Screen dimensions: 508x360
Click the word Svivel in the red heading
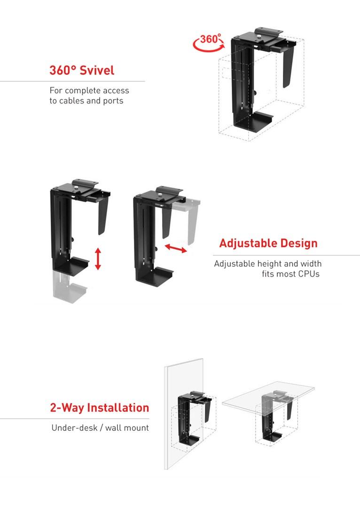(97, 71)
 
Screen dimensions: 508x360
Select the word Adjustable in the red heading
(248, 243)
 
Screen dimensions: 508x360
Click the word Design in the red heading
(299, 243)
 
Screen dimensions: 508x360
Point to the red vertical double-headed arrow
(98, 259)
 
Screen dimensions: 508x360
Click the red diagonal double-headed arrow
(176, 249)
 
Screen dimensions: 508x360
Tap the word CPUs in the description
(309, 274)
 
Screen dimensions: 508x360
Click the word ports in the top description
(113, 101)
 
